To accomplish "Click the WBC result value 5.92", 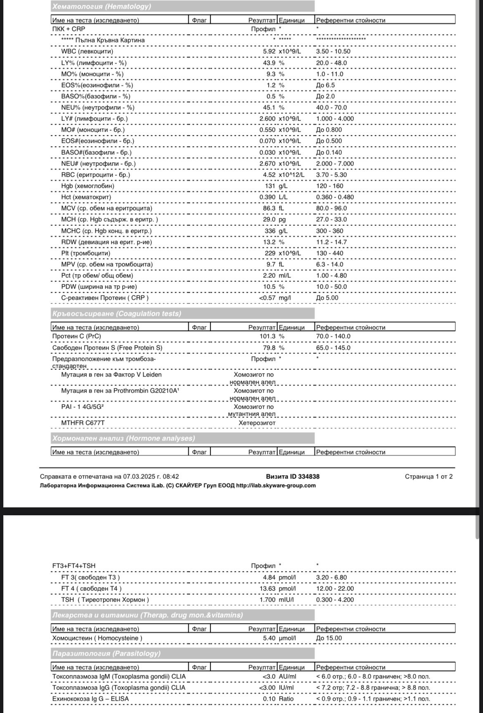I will point(269,52).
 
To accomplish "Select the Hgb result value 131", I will point(270,186).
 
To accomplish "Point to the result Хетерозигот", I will point(257,423).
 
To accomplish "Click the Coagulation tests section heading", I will point(117,313).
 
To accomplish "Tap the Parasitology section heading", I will point(107,653).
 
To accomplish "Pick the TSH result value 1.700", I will point(268,599).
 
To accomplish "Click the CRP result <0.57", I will point(267,298).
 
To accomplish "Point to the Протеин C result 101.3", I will point(268,336).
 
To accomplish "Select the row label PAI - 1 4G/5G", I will point(82,407).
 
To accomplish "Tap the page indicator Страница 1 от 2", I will point(429,476).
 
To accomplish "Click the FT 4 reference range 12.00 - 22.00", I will point(335,588).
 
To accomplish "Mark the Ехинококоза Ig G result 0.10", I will point(270,699).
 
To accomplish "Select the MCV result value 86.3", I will point(269,208).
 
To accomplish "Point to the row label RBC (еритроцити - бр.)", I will point(95,175).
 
